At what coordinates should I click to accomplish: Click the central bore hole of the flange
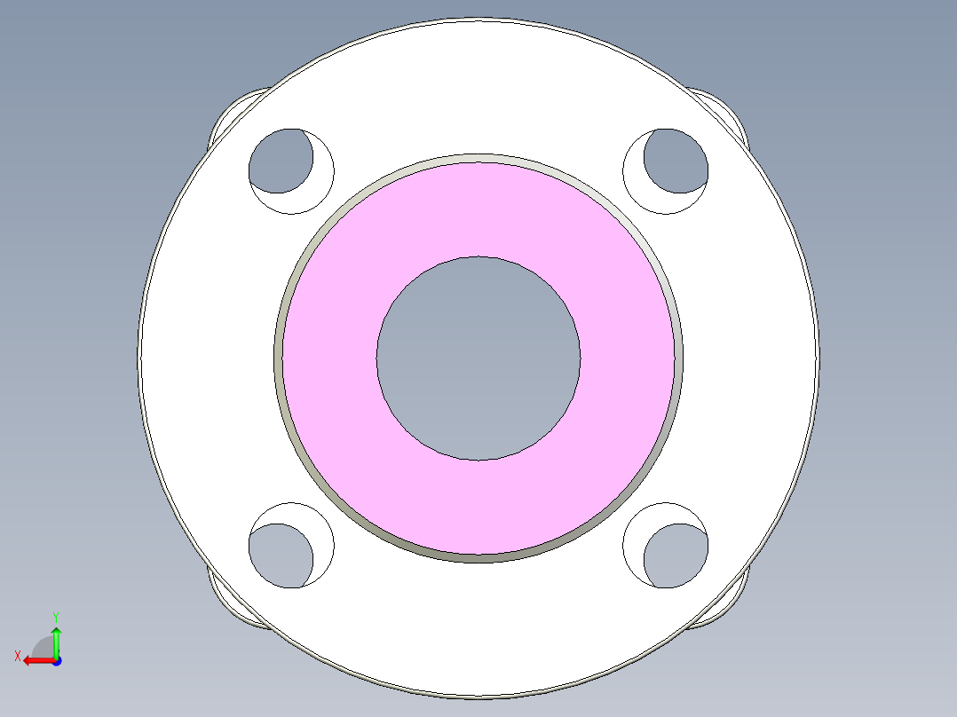[478, 358]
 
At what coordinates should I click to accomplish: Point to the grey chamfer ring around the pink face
[279, 358]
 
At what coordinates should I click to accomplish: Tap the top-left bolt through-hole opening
[279, 161]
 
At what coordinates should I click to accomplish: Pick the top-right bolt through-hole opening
[677, 161]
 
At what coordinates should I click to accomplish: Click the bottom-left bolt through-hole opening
[279, 556]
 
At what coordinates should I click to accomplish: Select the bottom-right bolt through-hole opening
[677, 556]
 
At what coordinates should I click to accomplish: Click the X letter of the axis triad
[17, 656]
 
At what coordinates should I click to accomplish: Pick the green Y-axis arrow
[56, 639]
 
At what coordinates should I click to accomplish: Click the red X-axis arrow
[36, 660]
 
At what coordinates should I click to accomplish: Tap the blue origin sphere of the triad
[56, 661]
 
